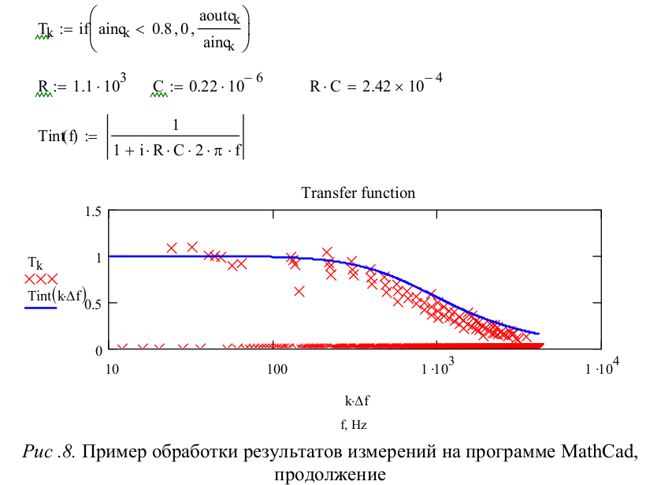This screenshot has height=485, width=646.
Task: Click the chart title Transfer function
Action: [358, 192]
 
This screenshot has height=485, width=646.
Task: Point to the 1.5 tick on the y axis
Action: [93, 211]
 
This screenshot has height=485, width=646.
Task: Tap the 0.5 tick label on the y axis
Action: [93, 303]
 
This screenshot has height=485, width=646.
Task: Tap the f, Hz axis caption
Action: [354, 424]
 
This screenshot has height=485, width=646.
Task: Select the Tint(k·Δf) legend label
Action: [54, 296]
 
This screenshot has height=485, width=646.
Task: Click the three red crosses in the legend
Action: [40, 278]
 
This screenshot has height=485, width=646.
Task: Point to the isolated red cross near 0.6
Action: [299, 291]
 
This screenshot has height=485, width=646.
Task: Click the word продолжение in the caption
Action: [330, 475]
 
